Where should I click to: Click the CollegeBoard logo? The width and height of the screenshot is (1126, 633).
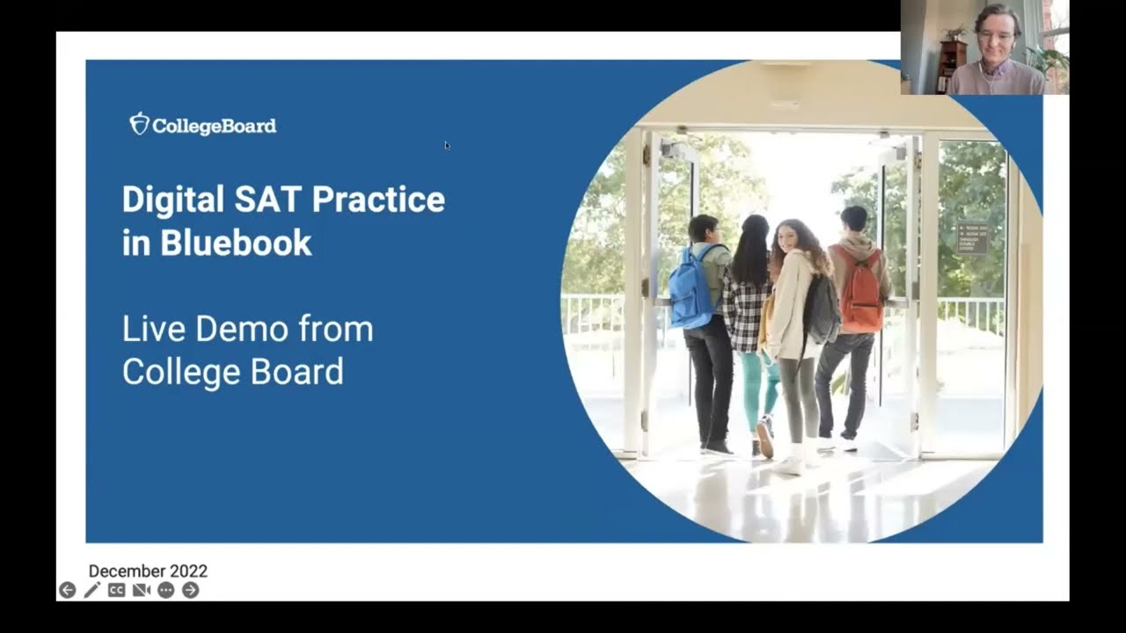[x=203, y=125]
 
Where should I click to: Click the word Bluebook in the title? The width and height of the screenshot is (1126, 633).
[x=236, y=244]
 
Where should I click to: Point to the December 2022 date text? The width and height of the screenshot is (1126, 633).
[x=148, y=571]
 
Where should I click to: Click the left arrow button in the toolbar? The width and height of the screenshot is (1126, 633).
[x=67, y=590]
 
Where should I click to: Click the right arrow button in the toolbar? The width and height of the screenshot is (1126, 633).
[x=190, y=590]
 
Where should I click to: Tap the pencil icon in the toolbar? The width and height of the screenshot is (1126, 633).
[x=91, y=590]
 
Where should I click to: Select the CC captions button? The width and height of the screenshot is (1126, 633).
[x=116, y=590]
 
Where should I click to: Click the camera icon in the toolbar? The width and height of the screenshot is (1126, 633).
[x=141, y=590]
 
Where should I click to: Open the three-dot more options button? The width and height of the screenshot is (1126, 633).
[x=165, y=590]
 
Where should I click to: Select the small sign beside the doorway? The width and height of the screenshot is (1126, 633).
[x=971, y=237]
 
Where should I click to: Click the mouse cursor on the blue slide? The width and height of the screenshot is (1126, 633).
[x=447, y=145]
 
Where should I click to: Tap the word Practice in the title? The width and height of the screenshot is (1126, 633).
[x=378, y=200]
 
